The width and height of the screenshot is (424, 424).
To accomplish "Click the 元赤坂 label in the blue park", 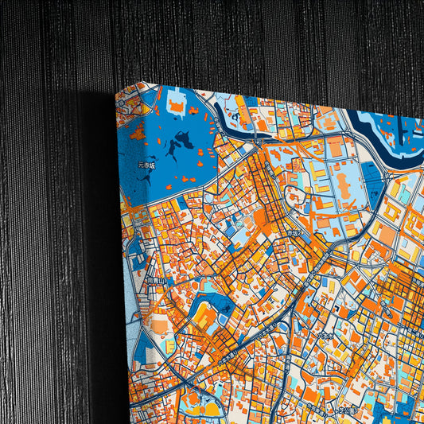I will pos(146,165).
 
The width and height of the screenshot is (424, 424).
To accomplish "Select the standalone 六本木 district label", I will pos(325,336).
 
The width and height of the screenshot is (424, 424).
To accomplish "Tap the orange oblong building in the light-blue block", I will pos(344,186).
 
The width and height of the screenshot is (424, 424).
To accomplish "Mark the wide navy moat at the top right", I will pos(390,127).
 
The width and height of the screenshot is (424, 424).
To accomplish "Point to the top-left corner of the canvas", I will pos(117,93).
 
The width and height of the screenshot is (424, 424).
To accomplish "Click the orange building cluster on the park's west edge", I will pos(137,132).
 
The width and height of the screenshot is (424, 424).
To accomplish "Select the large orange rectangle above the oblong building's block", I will pos(335,146).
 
